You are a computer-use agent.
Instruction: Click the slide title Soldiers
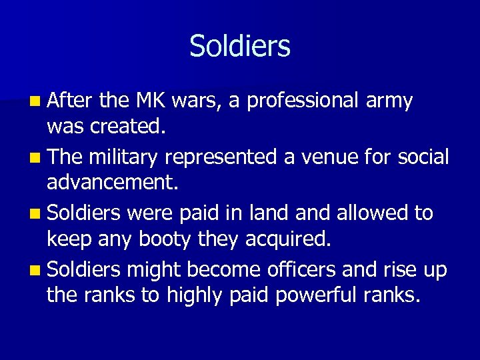(240, 47)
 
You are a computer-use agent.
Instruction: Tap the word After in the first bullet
(71, 101)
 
